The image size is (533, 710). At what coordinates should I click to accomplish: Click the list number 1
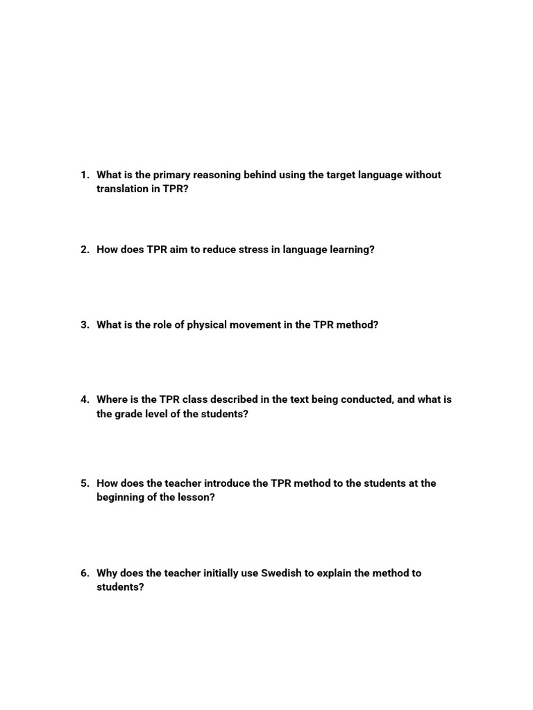click(84, 175)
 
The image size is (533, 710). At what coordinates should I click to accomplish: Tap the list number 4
click(84, 399)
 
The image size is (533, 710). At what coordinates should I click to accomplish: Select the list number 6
click(84, 573)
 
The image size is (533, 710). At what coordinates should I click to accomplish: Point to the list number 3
click(84, 324)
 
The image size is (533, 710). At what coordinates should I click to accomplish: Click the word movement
click(257, 324)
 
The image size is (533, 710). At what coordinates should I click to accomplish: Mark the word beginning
click(121, 497)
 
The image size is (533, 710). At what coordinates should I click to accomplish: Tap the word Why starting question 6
click(108, 573)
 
